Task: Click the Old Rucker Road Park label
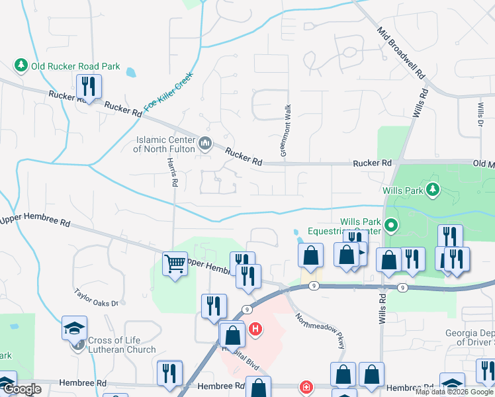(75, 66)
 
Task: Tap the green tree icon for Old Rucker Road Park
(21, 66)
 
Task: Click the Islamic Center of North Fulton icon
(205, 143)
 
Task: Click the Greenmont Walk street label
(285, 130)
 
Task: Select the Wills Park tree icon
(433, 191)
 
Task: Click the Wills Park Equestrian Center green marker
(390, 226)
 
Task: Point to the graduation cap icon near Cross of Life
(75, 327)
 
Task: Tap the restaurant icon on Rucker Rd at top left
(87, 86)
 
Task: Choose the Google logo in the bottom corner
(21, 389)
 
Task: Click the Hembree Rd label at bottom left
(82, 382)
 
